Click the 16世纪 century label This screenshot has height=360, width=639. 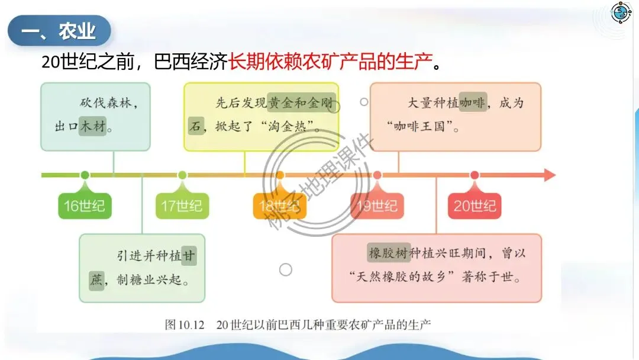tap(85, 206)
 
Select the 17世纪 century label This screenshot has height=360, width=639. tap(182, 206)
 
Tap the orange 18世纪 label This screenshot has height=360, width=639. tap(279, 206)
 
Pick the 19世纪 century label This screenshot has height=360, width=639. tap(377, 206)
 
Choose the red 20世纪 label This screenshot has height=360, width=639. tap(475, 206)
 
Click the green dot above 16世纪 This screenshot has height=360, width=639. tap(85, 175)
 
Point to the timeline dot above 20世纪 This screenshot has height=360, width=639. tap(475, 175)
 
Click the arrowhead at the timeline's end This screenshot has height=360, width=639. tap(549, 175)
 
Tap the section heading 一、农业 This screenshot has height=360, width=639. tap(59, 31)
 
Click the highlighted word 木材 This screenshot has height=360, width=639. tap(92, 126)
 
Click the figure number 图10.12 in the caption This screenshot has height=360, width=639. tap(185, 324)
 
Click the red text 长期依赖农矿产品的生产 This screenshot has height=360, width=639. tap(331, 61)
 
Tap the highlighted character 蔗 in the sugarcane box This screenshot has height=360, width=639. tap(96, 279)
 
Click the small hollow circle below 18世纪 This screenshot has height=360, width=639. tap(285, 269)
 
